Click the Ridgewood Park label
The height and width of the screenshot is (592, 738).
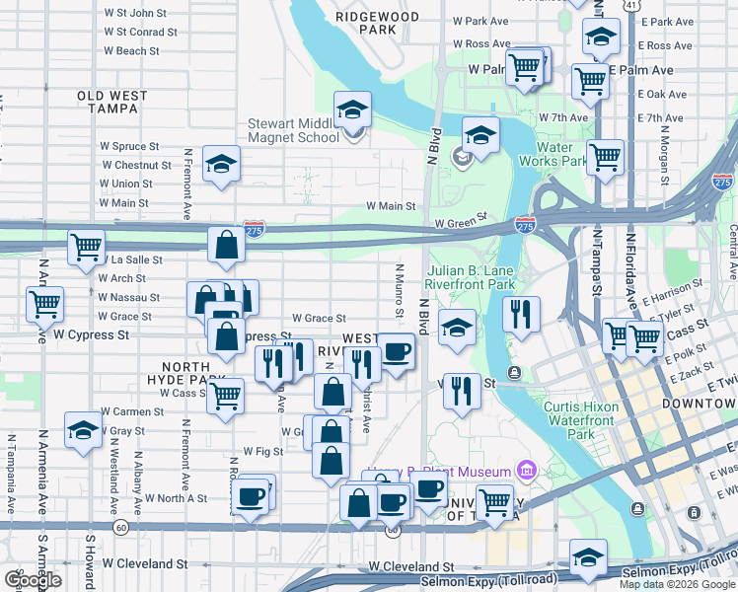pyautogui.click(x=377, y=23)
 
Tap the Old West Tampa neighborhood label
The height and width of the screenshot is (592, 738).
pyautogui.click(x=112, y=102)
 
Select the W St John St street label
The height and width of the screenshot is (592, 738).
pyautogui.click(x=134, y=13)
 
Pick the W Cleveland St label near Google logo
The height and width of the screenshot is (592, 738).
pyautogui.click(x=145, y=564)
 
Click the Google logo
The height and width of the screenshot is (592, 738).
pyautogui.click(x=33, y=579)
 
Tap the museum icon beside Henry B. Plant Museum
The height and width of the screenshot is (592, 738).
pyautogui.click(x=526, y=471)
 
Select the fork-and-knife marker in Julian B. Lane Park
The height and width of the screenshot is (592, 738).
pyautogui.click(x=520, y=314)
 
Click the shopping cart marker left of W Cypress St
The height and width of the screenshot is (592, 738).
pyautogui.click(x=44, y=304)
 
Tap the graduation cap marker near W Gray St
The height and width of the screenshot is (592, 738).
pyautogui.click(x=83, y=430)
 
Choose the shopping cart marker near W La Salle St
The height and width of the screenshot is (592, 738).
pyautogui.click(x=86, y=247)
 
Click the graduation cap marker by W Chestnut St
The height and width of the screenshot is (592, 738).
pyautogui.click(x=221, y=164)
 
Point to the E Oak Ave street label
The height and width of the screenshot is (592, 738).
pyautogui.click(x=662, y=94)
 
